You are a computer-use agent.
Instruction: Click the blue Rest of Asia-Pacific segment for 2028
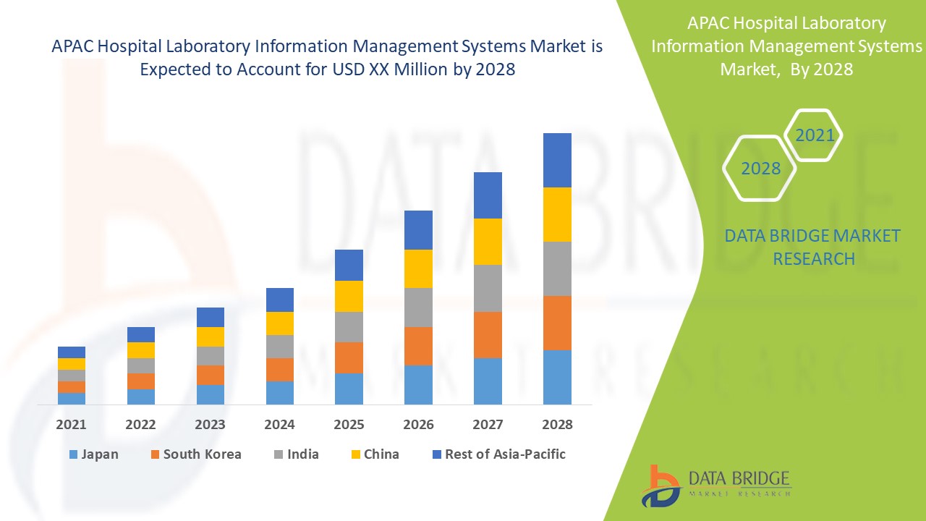[x=557, y=160]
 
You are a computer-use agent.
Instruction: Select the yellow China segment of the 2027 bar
[x=488, y=242]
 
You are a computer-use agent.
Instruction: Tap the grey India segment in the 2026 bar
[x=418, y=308]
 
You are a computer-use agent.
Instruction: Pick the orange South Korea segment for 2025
[x=349, y=357]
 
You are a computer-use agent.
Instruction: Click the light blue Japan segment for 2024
[x=280, y=392]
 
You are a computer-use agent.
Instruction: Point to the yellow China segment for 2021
[x=72, y=364]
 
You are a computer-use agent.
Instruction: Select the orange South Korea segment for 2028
[x=557, y=323]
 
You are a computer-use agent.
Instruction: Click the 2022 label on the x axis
[x=140, y=425]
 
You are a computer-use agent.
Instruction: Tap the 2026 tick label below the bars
[x=418, y=425]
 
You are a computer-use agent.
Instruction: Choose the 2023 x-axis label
[x=210, y=425]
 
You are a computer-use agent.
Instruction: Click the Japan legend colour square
[x=72, y=455]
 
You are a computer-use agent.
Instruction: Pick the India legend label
[x=302, y=454]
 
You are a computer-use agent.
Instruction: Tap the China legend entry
[x=381, y=454]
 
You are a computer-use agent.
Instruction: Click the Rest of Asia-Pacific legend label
[x=505, y=454]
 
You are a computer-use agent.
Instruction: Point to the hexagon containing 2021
[x=814, y=135]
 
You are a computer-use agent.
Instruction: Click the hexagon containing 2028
[x=760, y=169]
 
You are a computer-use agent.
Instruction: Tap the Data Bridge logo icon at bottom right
[x=659, y=486]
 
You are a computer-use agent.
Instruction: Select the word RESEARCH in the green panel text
[x=814, y=258]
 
